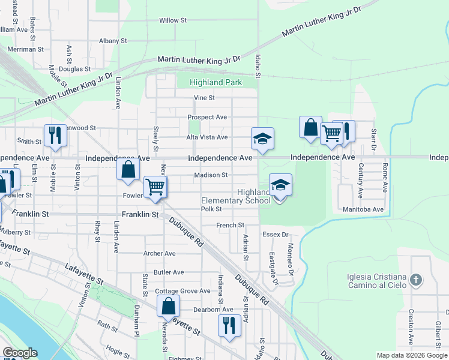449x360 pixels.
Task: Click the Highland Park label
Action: [215, 82]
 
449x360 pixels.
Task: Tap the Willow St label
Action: [173, 20]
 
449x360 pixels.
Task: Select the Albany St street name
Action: [113, 41]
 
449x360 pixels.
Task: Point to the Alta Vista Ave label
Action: [207, 137]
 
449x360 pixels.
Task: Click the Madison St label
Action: [211, 175]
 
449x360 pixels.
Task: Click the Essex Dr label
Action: [276, 235]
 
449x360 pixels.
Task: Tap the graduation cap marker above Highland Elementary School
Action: [280, 185]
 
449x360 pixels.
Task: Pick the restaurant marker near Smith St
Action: [55, 135]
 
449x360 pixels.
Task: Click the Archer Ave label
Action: [159, 254]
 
